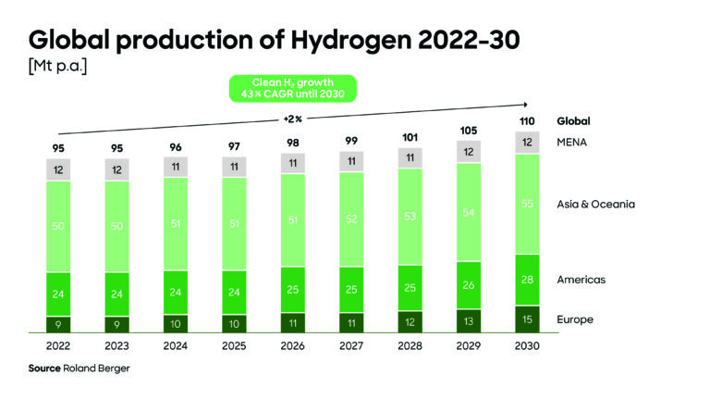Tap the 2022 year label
[x=58, y=344]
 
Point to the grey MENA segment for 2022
[x=58, y=169]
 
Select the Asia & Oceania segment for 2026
[x=291, y=220]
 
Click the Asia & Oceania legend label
[x=596, y=204]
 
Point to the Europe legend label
[x=575, y=319]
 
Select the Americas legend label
[x=580, y=279]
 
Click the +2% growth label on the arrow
[x=292, y=119]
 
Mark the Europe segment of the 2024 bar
[x=175, y=323]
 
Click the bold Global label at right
[x=573, y=121]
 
